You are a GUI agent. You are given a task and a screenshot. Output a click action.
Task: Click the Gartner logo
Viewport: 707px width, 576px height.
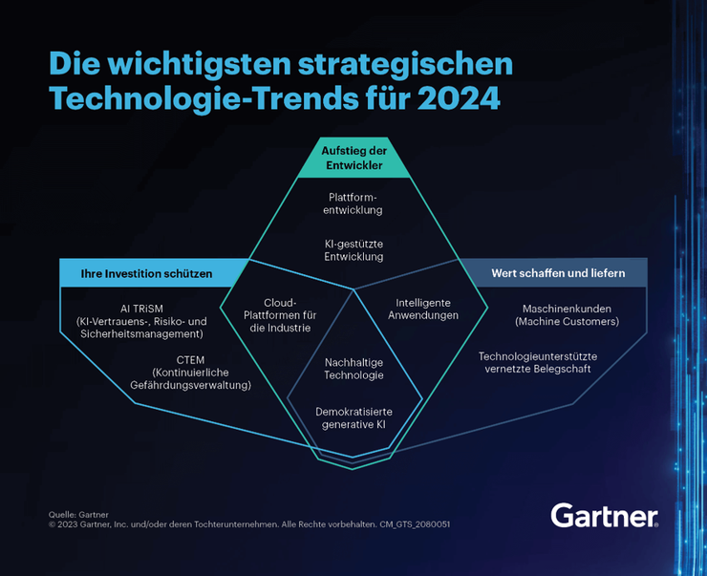click(604, 516)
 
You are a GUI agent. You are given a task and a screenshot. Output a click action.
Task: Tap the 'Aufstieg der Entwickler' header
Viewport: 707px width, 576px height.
click(353, 158)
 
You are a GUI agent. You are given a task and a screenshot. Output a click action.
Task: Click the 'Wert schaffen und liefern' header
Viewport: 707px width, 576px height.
click(558, 273)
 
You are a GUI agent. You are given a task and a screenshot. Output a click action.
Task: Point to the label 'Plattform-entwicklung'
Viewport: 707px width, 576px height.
click(353, 203)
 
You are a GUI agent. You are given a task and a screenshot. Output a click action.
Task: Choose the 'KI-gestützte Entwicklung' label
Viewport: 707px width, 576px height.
click(353, 250)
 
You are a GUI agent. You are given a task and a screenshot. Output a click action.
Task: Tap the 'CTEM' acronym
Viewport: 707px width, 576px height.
click(190, 360)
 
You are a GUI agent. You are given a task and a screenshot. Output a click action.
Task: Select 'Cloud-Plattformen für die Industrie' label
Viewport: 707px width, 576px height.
click(280, 314)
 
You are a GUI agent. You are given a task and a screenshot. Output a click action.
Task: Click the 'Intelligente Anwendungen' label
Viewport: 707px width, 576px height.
click(423, 309)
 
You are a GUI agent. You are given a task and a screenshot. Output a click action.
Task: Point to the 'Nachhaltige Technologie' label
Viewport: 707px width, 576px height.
click(353, 369)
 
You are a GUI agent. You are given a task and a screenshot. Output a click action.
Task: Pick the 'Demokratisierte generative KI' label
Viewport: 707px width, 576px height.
click(353, 417)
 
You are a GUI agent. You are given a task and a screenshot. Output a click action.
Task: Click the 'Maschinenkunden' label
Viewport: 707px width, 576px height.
click(567, 309)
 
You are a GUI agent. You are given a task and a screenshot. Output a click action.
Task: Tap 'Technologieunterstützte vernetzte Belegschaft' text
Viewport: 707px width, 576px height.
click(538, 362)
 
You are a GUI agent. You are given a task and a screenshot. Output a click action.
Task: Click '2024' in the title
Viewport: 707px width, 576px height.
click(460, 98)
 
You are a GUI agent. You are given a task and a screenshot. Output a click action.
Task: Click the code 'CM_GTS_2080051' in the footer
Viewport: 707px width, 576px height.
click(415, 524)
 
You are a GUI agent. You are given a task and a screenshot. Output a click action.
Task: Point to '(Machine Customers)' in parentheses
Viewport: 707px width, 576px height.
click(567, 322)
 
